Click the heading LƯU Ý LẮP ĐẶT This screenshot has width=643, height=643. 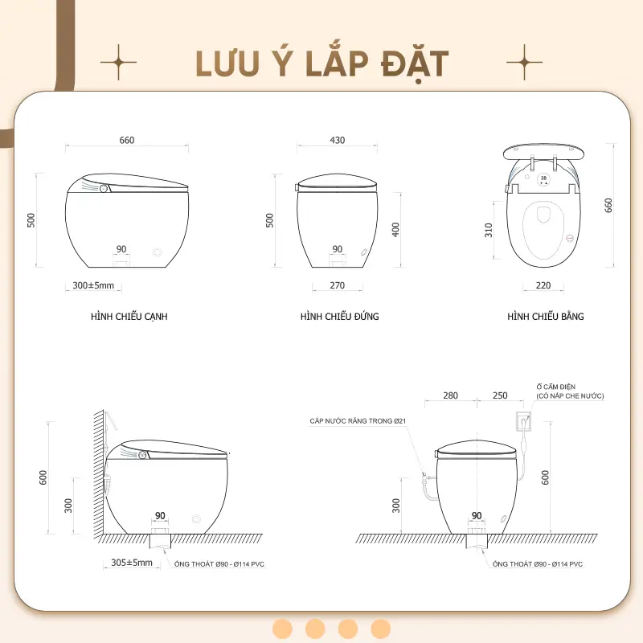tap(322, 64)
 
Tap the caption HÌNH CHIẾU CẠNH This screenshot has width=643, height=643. tap(129, 317)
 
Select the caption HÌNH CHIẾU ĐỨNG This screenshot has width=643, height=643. tap(339, 316)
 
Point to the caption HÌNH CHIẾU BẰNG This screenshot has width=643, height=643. tap(546, 316)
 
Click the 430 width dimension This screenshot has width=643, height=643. tap(338, 140)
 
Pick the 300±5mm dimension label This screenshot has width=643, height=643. tap(93, 285)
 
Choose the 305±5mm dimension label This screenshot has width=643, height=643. tap(132, 563)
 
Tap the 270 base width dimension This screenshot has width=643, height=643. tap(338, 285)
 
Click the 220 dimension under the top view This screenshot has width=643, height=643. tap(543, 285)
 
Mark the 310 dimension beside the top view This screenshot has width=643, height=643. tap(489, 230)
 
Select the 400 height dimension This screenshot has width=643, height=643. tap(395, 229)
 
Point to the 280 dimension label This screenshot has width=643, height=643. tap(450, 395)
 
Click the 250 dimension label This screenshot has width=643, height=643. tap(500, 395)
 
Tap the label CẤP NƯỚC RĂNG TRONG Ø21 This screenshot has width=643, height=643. tap(358, 421)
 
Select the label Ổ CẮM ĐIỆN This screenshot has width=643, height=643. tap(555, 387)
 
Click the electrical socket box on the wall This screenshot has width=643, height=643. tap(523, 421)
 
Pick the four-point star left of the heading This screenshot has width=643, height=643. tap(118, 63)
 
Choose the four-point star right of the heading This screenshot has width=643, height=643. tap(525, 63)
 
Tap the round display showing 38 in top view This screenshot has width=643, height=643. tap(544, 179)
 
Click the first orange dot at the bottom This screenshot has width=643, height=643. tap(283, 629)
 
